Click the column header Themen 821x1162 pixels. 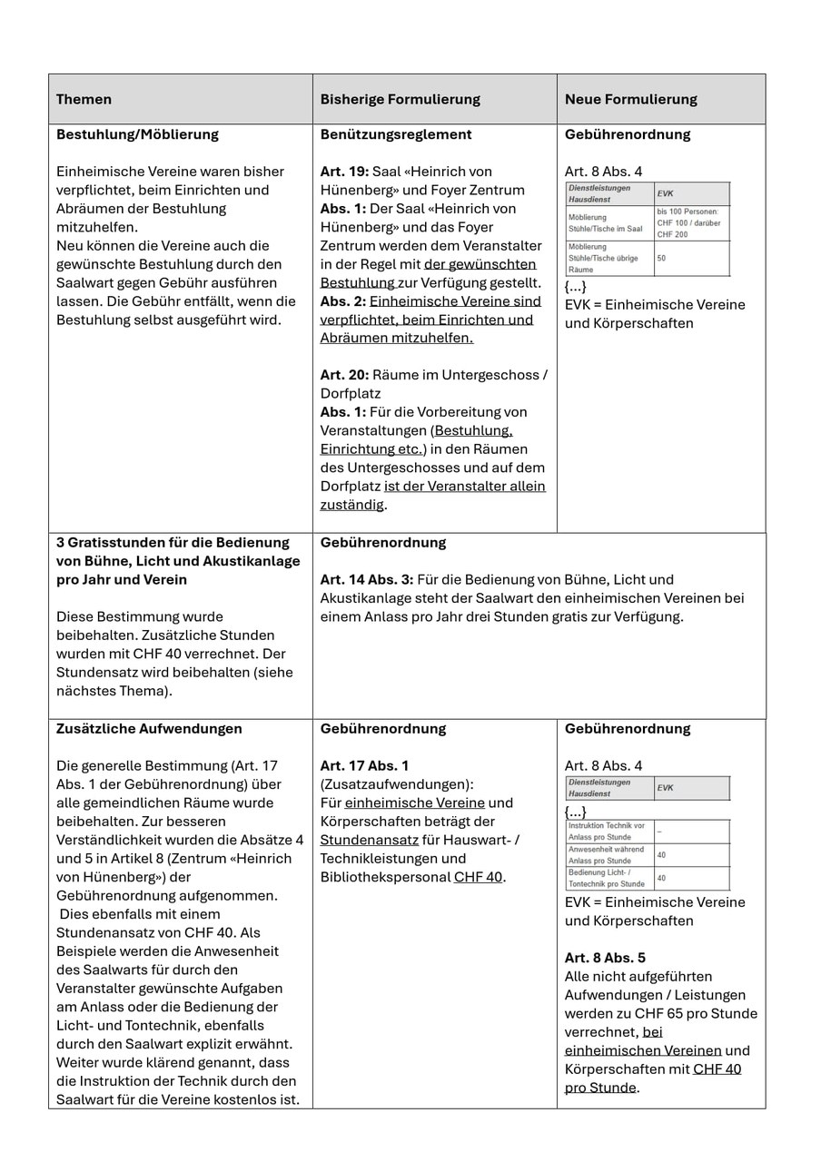tap(84, 99)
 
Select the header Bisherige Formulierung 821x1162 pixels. tap(400, 99)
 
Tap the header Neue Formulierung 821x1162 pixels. tap(630, 99)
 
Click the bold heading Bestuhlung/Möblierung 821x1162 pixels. tap(137, 134)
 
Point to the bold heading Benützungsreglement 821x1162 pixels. tap(395, 134)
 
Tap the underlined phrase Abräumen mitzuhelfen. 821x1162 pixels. tap(396, 338)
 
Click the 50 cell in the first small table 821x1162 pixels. tap(662, 258)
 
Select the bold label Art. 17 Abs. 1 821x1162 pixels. tap(364, 766)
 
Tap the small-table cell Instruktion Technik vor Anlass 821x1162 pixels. tap(606, 831)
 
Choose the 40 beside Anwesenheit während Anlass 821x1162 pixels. tap(661, 855)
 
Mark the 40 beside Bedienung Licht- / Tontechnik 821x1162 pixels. tap(661, 878)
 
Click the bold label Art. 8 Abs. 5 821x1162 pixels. tap(605, 959)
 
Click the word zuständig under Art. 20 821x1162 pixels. tap(351, 505)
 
